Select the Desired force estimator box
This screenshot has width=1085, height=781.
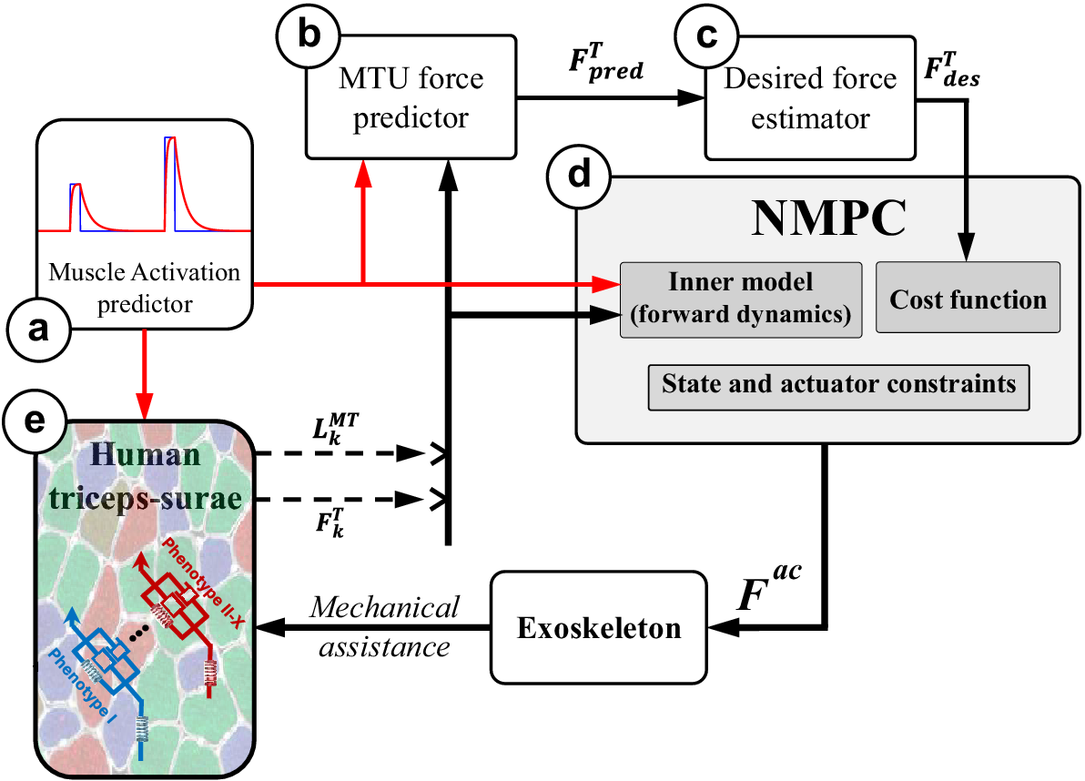pos(809,100)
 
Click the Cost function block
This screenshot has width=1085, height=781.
pos(968,298)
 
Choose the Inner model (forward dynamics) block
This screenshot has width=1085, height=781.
pos(741,299)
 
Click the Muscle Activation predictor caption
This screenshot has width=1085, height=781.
pos(145,287)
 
